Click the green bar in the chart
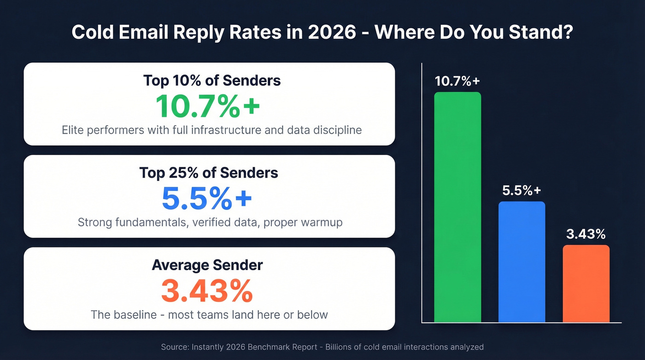(457, 207)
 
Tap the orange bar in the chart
(586, 283)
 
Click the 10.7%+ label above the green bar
(457, 81)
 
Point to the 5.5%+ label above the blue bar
(522, 191)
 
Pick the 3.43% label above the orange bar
(586, 234)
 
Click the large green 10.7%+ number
(208, 106)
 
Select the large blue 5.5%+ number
(207, 198)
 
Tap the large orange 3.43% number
(207, 290)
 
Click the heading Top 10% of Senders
(212, 80)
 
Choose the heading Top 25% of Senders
(209, 173)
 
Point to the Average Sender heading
(207, 265)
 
